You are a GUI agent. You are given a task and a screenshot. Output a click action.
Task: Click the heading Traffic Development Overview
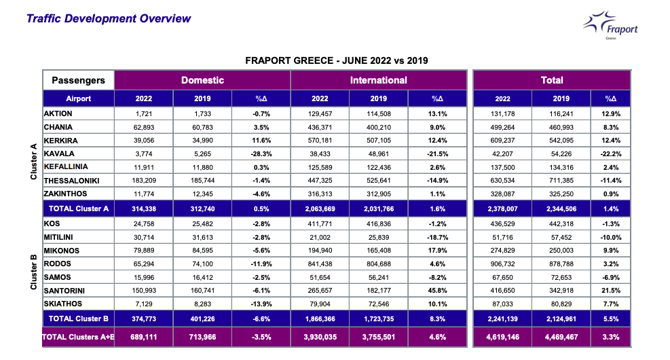coord(109,18)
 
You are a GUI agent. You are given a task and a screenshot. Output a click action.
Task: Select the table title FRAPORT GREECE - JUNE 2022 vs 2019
coord(336,61)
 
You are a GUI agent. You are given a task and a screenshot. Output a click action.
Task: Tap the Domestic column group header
coord(202,80)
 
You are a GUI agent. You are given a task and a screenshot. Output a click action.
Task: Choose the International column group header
coord(378,80)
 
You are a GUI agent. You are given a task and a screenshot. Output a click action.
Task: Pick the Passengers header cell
coord(79,80)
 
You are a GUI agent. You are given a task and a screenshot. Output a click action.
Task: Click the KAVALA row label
coord(59,154)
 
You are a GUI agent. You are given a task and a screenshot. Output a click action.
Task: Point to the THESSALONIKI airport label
coord(72,180)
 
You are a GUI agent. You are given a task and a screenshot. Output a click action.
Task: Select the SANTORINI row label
coord(67,290)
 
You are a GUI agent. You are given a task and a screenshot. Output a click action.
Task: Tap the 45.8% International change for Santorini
coord(438,290)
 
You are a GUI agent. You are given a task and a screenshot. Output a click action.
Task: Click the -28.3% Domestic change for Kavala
coord(261,154)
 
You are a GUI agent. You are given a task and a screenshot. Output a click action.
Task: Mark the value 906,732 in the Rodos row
coord(503,264)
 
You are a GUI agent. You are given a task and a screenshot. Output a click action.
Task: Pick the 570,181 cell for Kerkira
coord(320,141)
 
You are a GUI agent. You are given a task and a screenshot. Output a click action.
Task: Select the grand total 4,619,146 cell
coord(503,336)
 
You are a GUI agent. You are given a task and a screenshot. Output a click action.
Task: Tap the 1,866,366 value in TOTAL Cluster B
coord(320,319)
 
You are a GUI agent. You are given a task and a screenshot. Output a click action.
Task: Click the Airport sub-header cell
coord(79,98)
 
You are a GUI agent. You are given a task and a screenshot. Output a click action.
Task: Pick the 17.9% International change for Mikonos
coord(438,251)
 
